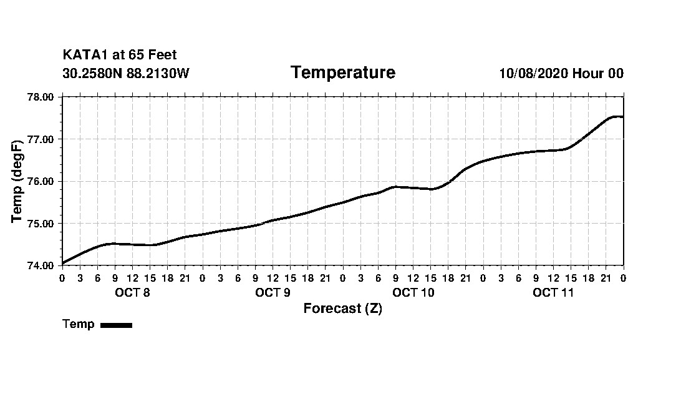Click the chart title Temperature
pyautogui.click(x=342, y=72)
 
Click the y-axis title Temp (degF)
pyautogui.click(x=17, y=181)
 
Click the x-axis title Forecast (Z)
pyautogui.click(x=342, y=309)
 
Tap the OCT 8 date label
pyautogui.click(x=132, y=293)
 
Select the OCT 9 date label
pyautogui.click(x=273, y=293)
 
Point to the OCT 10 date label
pyautogui.click(x=413, y=293)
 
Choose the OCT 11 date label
pyautogui.click(x=553, y=293)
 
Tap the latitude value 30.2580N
pyautogui.click(x=92, y=73)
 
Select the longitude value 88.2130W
pyautogui.click(x=158, y=73)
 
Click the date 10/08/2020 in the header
pyautogui.click(x=533, y=73)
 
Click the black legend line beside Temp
pyautogui.click(x=116, y=325)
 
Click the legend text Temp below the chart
pyautogui.click(x=79, y=324)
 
